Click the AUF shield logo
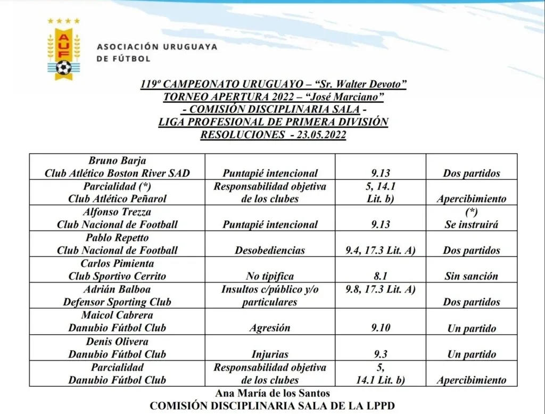(63, 51)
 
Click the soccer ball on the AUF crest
(63, 68)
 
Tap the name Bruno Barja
(118, 161)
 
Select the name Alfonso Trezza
(118, 212)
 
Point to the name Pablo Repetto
(118, 237)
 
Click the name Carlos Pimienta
(118, 263)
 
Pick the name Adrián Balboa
(118, 289)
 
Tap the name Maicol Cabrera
(118, 315)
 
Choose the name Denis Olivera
(118, 341)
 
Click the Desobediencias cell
(270, 250)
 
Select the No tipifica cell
(270, 276)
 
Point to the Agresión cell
(270, 328)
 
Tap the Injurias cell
(270, 354)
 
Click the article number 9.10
(381, 328)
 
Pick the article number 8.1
(381, 276)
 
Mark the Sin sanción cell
(471, 276)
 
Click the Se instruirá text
(471, 225)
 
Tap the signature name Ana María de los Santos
(272, 393)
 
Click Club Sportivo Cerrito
(118, 276)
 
